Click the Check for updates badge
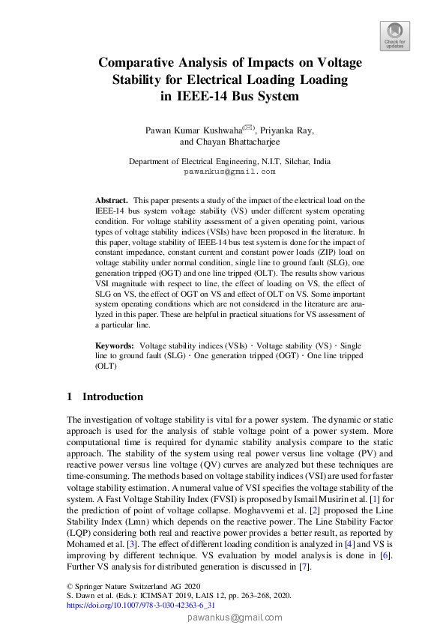[394, 36]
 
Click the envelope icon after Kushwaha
[248, 127]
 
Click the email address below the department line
[229, 172]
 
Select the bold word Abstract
[111, 201]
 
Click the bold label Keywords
[113, 345]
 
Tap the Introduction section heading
[112, 396]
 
